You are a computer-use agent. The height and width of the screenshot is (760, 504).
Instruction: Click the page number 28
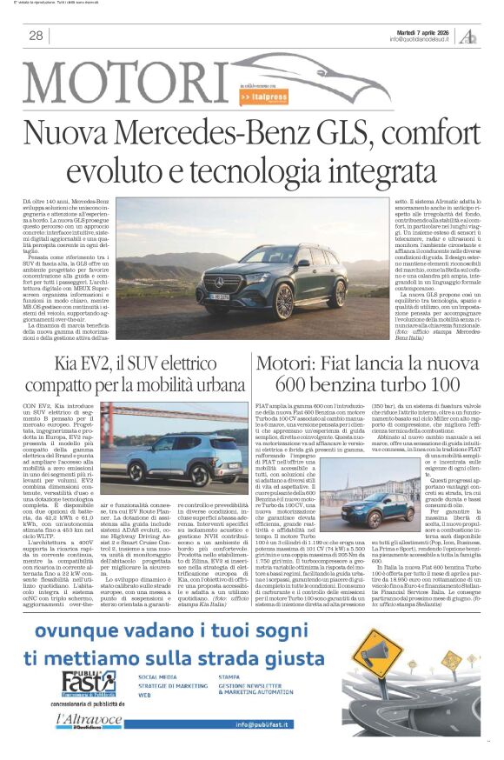36,36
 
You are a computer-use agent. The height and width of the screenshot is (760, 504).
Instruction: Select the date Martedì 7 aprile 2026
421,30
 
